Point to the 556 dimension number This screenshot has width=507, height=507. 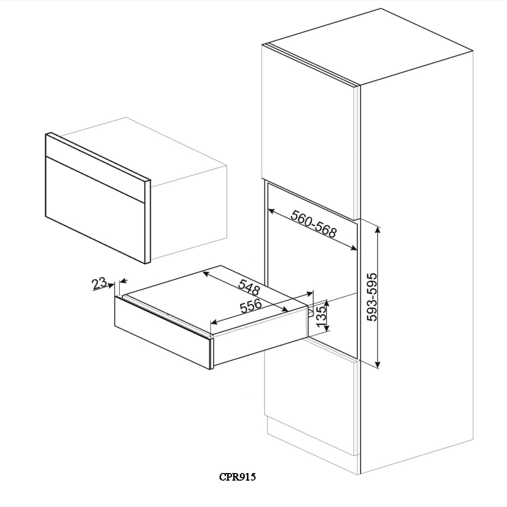pyautogui.click(x=251, y=306)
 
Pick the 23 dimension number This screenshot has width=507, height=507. pyautogui.click(x=99, y=283)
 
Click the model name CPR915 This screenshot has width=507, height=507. pyautogui.click(x=237, y=477)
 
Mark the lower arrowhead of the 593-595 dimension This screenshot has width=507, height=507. pyautogui.click(x=378, y=365)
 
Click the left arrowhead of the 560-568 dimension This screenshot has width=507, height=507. pyautogui.click(x=272, y=211)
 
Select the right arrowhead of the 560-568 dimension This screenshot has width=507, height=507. pyautogui.click(x=353, y=248)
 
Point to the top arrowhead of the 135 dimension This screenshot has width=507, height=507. pyautogui.click(x=328, y=303)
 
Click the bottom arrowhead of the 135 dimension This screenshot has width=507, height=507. pyautogui.click(x=328, y=328)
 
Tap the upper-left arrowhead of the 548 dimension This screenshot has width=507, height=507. pyautogui.click(x=206, y=274)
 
